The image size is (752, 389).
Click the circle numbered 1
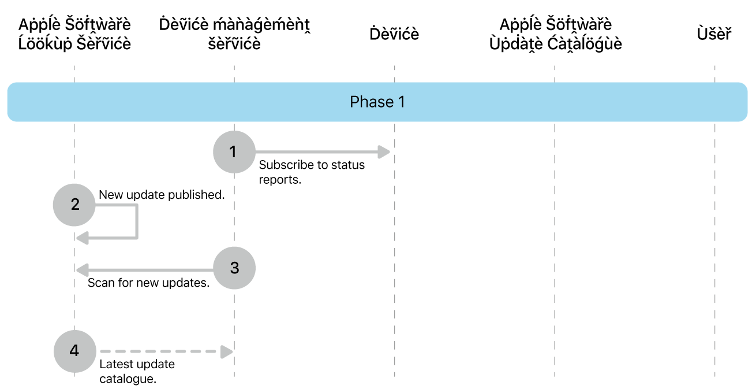[x=234, y=152]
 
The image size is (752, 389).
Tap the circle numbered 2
[x=74, y=205]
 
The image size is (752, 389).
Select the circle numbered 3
[x=234, y=268]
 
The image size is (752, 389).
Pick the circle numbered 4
[x=74, y=351]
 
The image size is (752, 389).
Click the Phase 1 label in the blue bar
[x=377, y=102]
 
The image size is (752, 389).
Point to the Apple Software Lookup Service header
[x=74, y=34]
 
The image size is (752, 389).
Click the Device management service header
[x=234, y=34]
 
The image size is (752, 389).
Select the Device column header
[x=394, y=34]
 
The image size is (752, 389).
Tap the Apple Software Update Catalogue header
[x=555, y=34]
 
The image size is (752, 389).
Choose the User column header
[x=714, y=34]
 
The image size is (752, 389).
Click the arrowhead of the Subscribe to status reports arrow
[x=385, y=153]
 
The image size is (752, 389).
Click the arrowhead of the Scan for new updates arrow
[x=83, y=269]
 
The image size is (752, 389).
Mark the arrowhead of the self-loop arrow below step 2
[x=83, y=238]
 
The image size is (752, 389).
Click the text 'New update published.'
[x=162, y=195]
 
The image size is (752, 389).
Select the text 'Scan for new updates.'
[x=148, y=284]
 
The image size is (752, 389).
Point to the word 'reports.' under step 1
[x=280, y=180]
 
